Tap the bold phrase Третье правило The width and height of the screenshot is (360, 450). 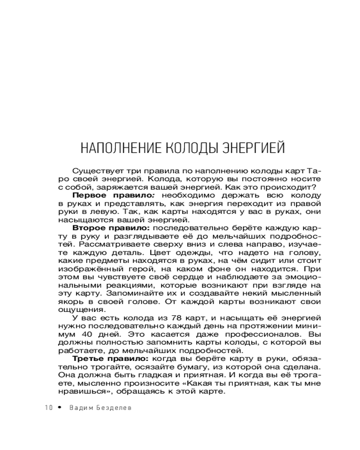click(110, 359)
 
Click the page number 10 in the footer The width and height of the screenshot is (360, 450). click(49, 407)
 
